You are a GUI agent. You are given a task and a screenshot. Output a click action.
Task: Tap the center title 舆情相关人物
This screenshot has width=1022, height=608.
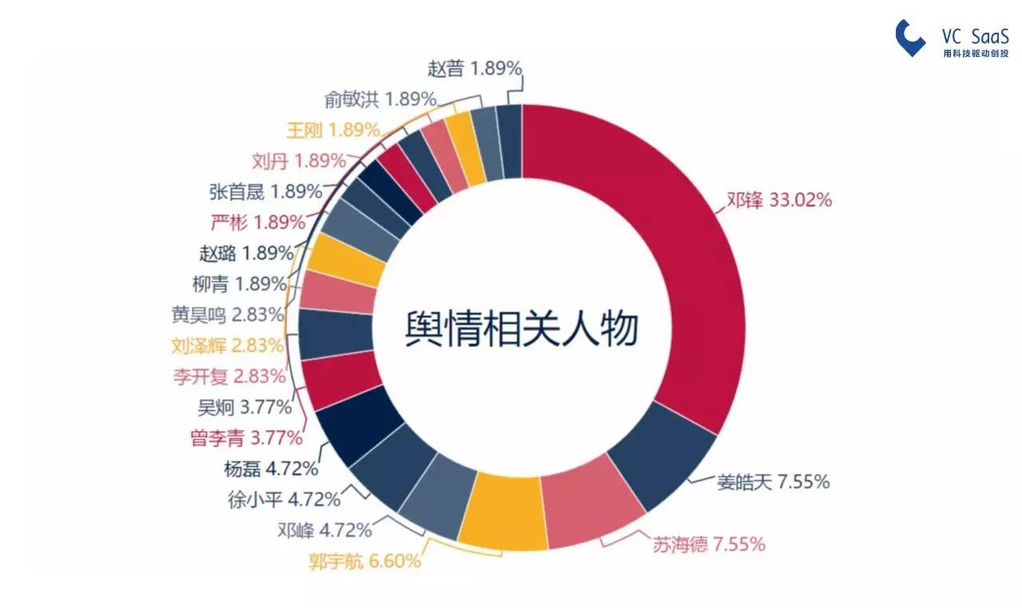coord(521,329)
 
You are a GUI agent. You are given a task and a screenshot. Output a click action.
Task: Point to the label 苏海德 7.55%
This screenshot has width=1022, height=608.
coord(708,543)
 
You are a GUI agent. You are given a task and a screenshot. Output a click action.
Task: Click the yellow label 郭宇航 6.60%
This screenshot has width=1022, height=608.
coord(365,561)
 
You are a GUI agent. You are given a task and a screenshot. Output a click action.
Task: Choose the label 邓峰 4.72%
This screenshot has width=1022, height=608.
coord(325,530)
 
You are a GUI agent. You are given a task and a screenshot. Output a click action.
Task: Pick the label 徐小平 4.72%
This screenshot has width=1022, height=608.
coord(284,499)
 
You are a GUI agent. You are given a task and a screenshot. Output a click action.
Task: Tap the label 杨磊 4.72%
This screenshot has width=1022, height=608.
coord(271,468)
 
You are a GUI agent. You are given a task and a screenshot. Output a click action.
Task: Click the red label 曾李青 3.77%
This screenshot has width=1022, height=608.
coord(247,438)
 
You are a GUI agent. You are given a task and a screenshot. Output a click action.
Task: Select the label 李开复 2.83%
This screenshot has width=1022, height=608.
coord(229,377)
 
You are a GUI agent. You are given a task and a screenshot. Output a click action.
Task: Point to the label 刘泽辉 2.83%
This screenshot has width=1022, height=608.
coord(228,345)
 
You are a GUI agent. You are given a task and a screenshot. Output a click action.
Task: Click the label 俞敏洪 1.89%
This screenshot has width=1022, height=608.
coord(381,99)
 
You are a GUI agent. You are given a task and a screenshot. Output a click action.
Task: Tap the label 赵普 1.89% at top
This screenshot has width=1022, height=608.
coord(474,69)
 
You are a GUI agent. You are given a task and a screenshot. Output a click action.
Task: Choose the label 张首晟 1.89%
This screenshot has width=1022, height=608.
coord(266,191)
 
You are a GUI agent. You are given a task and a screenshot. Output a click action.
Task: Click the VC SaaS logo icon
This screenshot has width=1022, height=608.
coord(909,38)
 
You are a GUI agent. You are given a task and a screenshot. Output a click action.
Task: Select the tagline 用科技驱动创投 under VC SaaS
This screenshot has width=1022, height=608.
coord(976,53)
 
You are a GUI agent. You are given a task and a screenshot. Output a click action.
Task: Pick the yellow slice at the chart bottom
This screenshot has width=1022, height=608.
coord(502,511)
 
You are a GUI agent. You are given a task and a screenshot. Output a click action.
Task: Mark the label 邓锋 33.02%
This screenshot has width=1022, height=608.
coord(779,199)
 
